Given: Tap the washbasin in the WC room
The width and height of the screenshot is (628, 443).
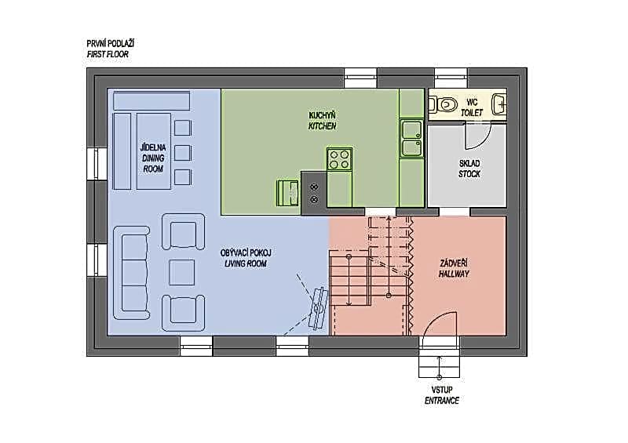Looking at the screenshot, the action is (x=498, y=105).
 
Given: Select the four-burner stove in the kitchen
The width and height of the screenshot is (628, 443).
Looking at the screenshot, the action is (x=340, y=159).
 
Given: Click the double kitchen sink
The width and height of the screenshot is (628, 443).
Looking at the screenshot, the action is (x=411, y=138).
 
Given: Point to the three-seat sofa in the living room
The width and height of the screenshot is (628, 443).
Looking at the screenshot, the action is (x=131, y=272).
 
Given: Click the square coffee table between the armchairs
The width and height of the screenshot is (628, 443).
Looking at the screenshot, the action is (x=182, y=272).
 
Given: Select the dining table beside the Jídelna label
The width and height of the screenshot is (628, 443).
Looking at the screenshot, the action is (x=154, y=151).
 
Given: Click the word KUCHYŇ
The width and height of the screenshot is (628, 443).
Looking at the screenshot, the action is (x=322, y=115).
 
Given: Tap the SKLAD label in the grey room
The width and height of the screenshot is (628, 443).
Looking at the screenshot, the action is (x=469, y=163).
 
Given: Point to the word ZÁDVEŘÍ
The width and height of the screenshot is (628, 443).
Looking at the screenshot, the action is (x=454, y=263).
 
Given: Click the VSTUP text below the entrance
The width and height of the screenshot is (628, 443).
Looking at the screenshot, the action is (x=442, y=390).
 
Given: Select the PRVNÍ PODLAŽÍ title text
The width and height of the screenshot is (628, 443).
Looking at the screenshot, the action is (x=110, y=44).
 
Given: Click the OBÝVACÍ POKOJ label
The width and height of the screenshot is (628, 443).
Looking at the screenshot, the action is (x=246, y=253).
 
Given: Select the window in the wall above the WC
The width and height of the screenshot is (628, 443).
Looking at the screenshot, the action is (x=451, y=78).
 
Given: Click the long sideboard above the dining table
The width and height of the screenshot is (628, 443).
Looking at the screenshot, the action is (x=152, y=100).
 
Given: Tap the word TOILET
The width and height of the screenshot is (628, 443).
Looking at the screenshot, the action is (x=472, y=113).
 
